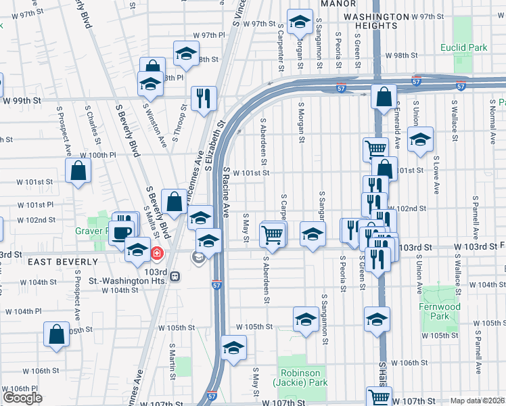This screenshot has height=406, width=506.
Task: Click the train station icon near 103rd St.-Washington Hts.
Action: tap(175, 276)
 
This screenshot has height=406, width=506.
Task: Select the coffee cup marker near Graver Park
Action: tap(122, 232)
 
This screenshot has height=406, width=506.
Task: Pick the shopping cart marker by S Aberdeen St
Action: tap(272, 234)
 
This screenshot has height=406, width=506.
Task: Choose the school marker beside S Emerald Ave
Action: tap(420, 139)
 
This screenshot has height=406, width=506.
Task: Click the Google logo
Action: tap(22, 398)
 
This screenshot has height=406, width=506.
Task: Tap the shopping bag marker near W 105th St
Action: tap(56, 334)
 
